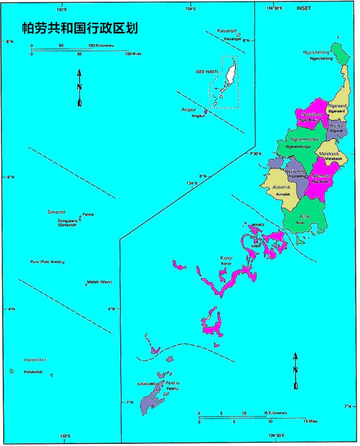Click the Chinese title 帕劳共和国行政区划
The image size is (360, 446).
pos(79,27)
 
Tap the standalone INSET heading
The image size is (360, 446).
pos(303,9)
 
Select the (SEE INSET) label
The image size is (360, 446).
pos(207,72)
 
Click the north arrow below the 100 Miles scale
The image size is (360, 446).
pos(80,88)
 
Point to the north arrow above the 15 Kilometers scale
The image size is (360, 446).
pos(296,371)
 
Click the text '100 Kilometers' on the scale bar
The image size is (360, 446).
pos(103,46)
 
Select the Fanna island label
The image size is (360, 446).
pos(88,214)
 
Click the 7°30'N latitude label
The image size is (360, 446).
pos(257,154)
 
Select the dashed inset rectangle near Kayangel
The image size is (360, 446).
pos(225,82)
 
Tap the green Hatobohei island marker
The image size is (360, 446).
pos(12,371)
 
